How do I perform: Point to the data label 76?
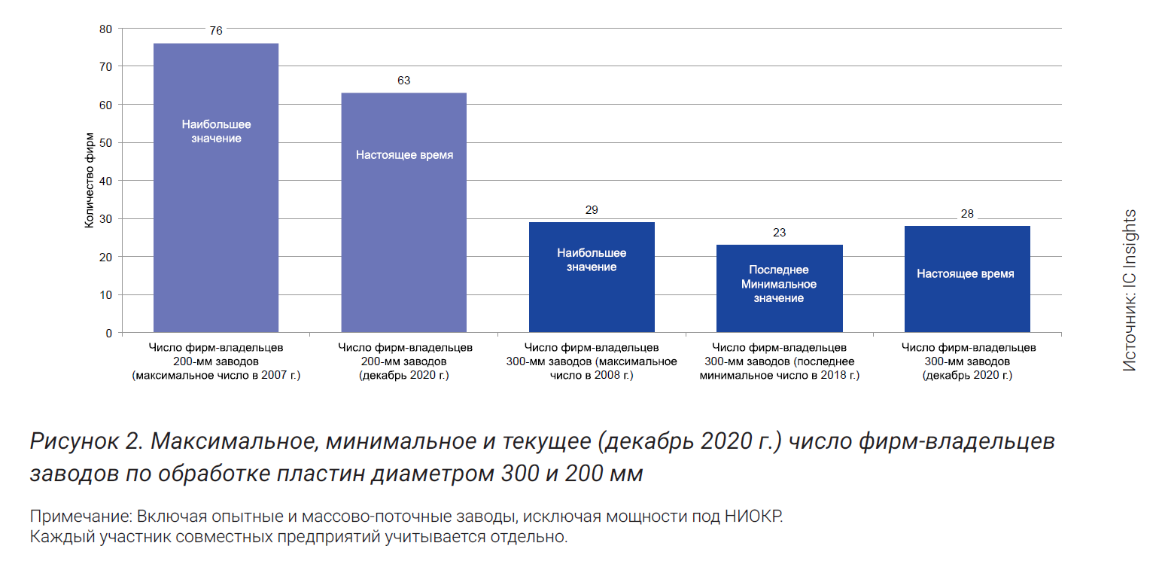[x=216, y=32]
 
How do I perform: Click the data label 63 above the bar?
[x=403, y=81]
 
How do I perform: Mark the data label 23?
[x=779, y=233]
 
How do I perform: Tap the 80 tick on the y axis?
[x=105, y=29]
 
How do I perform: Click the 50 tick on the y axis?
[x=105, y=143]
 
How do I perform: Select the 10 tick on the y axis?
[x=105, y=294]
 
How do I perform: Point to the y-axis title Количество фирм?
[x=89, y=181]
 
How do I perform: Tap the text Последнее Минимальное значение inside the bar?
[x=779, y=284]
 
